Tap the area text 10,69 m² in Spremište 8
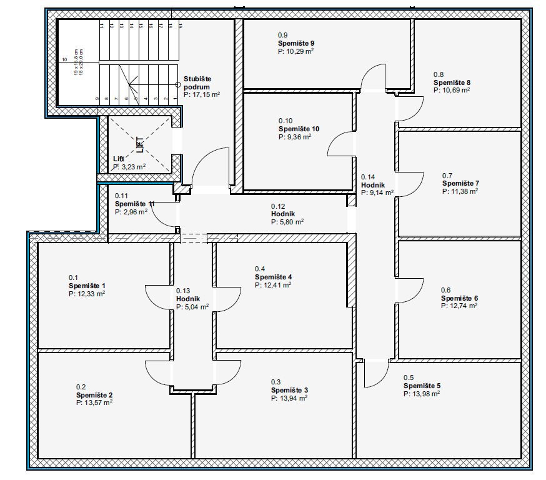(x=452, y=90)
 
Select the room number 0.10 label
(x=285, y=121)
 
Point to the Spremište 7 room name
(x=460, y=184)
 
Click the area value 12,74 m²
(x=459, y=306)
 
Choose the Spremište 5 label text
(x=422, y=386)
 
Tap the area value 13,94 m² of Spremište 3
(x=289, y=398)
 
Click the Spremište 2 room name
(x=94, y=395)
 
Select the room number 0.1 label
(x=73, y=277)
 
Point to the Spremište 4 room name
(x=273, y=277)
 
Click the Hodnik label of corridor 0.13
(x=187, y=299)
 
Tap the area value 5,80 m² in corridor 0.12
(x=287, y=222)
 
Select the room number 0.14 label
(x=368, y=177)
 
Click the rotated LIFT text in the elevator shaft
(x=140, y=145)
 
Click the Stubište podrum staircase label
(x=197, y=82)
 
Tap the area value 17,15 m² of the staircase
(x=202, y=94)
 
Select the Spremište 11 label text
(x=134, y=204)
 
